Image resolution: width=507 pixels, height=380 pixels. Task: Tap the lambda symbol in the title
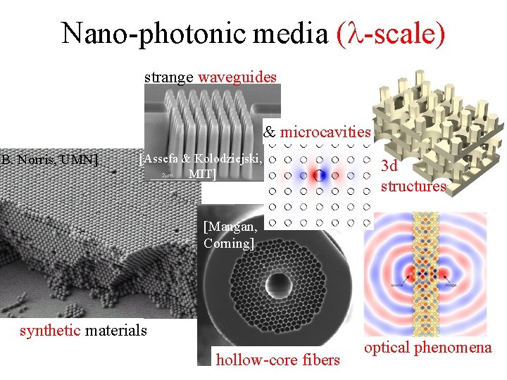[x=351, y=33]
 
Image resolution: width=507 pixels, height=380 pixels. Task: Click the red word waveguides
[x=237, y=77]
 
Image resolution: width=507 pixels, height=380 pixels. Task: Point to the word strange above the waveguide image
[x=170, y=77]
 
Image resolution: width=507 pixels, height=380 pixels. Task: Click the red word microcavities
[x=325, y=132]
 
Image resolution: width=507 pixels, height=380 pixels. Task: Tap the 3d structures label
[x=413, y=177]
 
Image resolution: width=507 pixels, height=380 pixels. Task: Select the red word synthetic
[x=50, y=330]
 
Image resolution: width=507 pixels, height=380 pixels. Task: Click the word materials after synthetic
[x=115, y=330]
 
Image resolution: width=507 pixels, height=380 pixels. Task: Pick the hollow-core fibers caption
[x=277, y=360]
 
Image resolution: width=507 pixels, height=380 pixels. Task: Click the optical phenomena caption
[x=427, y=347]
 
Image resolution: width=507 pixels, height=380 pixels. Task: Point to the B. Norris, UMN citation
[x=49, y=160]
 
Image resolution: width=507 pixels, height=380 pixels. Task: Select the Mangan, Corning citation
[x=227, y=235]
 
